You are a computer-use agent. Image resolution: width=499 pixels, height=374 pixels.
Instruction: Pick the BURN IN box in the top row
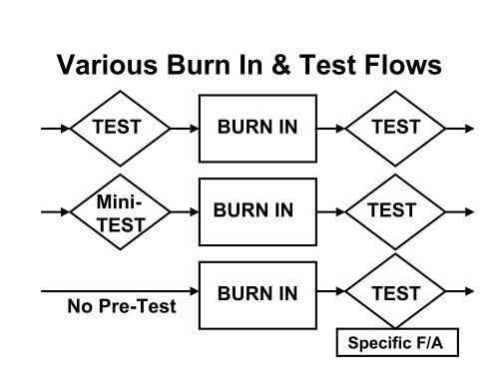pos(256,128)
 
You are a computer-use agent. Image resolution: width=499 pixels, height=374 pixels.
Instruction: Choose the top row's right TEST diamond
pos(394,128)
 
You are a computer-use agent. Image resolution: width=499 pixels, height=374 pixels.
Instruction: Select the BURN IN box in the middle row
pos(256,210)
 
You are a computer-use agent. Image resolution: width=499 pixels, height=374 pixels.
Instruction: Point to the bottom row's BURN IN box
pos(256,294)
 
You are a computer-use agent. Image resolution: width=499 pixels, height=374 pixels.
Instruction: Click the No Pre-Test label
pos(116,306)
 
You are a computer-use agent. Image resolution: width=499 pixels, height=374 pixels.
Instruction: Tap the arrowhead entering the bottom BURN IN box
pos(194,294)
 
